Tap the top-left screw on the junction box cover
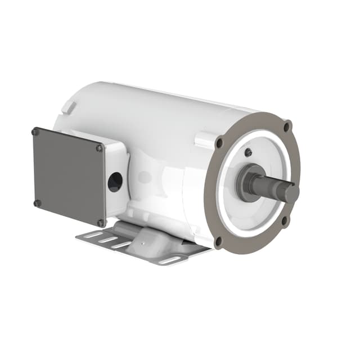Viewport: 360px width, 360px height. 35,132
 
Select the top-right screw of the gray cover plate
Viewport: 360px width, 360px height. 99,148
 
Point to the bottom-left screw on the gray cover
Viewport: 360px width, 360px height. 37,203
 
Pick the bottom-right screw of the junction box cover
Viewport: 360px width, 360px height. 101,223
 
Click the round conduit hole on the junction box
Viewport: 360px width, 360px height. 115,182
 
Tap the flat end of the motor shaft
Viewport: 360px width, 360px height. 292,193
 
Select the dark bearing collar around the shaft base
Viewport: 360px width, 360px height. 247,181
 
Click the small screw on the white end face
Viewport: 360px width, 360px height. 248,152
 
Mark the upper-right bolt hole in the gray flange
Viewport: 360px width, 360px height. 287,127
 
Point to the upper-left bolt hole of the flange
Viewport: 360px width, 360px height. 219,143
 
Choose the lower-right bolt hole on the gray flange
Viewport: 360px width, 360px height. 285,220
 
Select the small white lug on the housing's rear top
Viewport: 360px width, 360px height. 66,107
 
